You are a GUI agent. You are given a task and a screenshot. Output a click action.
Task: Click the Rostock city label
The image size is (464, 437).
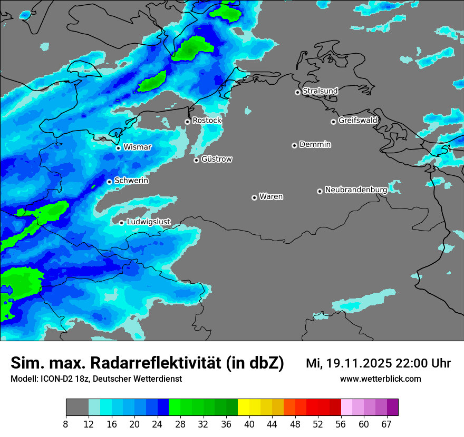[x=207, y=121]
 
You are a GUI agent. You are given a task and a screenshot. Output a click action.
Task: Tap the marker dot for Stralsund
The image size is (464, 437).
[x=297, y=92]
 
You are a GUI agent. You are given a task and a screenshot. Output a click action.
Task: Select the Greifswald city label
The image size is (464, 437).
[x=357, y=121]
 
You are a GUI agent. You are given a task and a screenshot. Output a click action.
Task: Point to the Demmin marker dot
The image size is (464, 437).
[x=294, y=145]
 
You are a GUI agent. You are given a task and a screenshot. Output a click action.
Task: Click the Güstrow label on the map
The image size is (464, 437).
[x=216, y=159]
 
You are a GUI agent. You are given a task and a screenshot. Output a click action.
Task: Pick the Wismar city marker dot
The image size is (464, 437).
[x=118, y=148]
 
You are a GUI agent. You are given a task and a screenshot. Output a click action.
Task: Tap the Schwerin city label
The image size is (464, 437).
[x=131, y=181]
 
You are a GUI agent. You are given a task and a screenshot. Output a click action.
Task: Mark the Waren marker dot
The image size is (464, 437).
[x=254, y=197]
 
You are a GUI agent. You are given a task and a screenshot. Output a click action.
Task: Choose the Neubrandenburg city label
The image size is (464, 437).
[x=356, y=190]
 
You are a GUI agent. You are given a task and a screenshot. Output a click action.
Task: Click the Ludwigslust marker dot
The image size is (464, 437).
[x=121, y=223]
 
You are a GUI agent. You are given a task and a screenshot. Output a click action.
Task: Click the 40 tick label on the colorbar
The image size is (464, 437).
[x=249, y=424]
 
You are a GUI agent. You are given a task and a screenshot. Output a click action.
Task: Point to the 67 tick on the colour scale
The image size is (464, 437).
[x=386, y=424]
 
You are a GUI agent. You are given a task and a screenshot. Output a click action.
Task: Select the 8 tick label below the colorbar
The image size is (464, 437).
[x=66, y=424]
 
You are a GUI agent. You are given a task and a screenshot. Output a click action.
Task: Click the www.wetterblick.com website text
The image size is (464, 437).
[x=380, y=379]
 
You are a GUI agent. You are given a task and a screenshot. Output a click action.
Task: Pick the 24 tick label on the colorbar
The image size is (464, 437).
[x=158, y=424]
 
